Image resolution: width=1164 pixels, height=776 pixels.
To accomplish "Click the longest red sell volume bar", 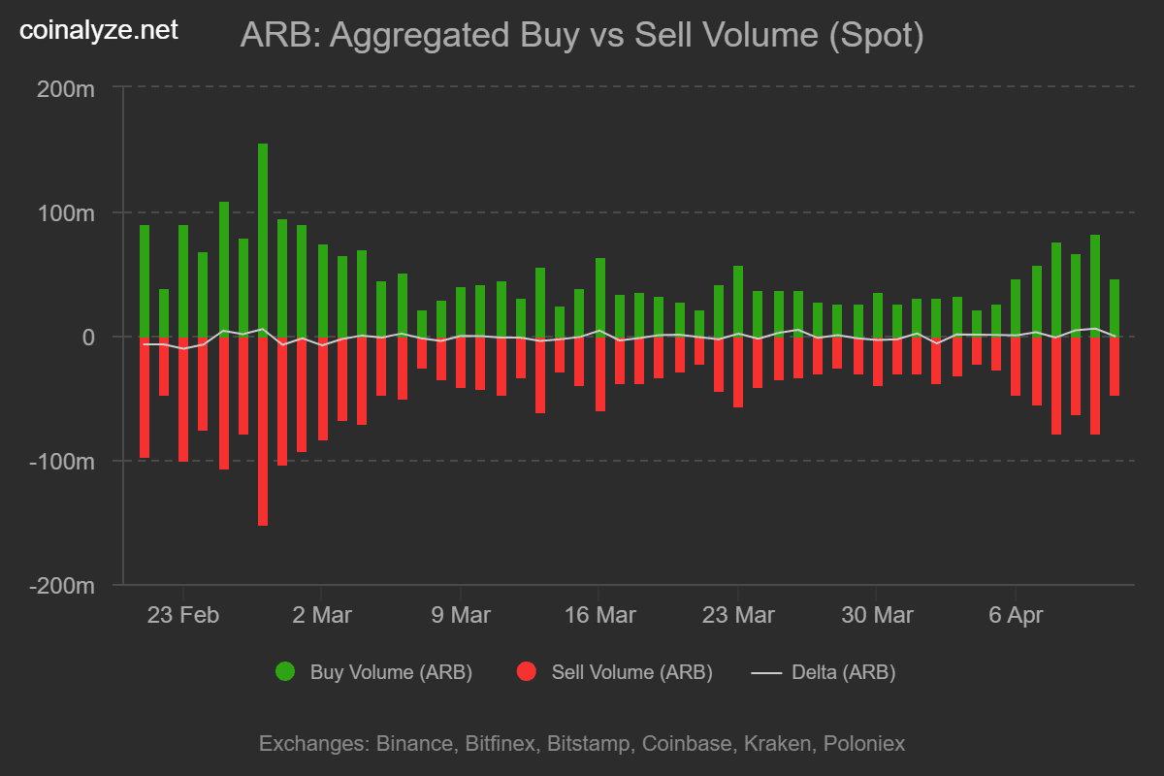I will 263,432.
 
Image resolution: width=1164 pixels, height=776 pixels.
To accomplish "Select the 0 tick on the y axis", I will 87,338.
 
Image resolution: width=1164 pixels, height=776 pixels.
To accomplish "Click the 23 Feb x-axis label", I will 182,616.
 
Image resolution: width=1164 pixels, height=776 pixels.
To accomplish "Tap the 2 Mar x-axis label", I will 321,616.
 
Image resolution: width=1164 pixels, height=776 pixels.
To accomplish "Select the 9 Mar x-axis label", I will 460,616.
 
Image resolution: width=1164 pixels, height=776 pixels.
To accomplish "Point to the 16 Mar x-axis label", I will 598,616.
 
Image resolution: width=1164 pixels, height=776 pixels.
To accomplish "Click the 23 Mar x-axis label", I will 737,616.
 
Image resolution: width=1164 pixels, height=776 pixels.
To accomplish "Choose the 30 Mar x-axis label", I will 876,616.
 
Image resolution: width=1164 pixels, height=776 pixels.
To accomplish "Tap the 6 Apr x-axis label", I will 1015,616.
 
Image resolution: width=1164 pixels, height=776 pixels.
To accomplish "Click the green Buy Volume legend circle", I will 285,672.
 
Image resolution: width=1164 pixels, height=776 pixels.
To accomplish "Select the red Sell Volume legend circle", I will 527,672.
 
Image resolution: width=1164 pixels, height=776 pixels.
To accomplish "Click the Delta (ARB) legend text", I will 843,672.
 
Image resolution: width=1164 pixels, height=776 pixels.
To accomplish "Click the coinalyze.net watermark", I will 99,31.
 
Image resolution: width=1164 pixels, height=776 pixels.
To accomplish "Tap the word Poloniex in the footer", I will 863,744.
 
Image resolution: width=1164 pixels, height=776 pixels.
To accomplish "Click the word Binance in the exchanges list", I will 414,744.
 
